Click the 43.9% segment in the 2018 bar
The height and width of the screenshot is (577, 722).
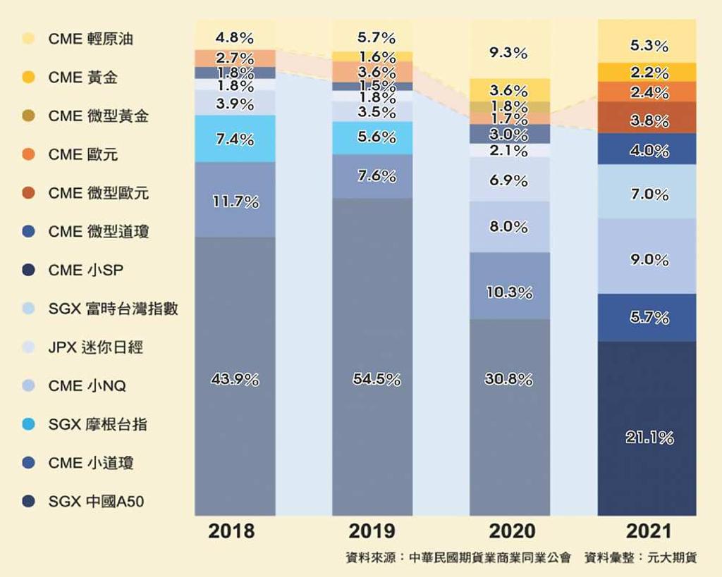235,379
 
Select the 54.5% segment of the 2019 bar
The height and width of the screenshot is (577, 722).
373,379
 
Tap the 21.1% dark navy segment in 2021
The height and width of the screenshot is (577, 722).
647,437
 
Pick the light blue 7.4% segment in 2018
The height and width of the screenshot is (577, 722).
235,139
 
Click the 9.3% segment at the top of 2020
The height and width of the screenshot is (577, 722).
510,52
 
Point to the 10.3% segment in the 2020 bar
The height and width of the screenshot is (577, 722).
510,292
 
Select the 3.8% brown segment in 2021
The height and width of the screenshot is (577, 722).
647,120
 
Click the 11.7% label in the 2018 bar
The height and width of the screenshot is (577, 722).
235,202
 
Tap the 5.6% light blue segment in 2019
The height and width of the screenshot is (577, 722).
373,137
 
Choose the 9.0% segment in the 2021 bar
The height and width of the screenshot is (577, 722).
647,259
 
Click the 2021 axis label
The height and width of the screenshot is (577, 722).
647,530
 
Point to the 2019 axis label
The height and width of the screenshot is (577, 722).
373,530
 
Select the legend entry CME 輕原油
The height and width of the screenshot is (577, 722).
90,39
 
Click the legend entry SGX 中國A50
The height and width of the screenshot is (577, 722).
97,502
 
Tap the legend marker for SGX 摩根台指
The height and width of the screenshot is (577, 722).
28,425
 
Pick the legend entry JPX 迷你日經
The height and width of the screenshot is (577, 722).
95,347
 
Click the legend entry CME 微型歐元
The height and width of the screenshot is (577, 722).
98,193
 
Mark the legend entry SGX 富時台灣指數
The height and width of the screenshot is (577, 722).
112,309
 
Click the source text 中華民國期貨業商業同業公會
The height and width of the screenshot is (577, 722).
489,557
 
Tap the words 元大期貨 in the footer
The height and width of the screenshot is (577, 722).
673,557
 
